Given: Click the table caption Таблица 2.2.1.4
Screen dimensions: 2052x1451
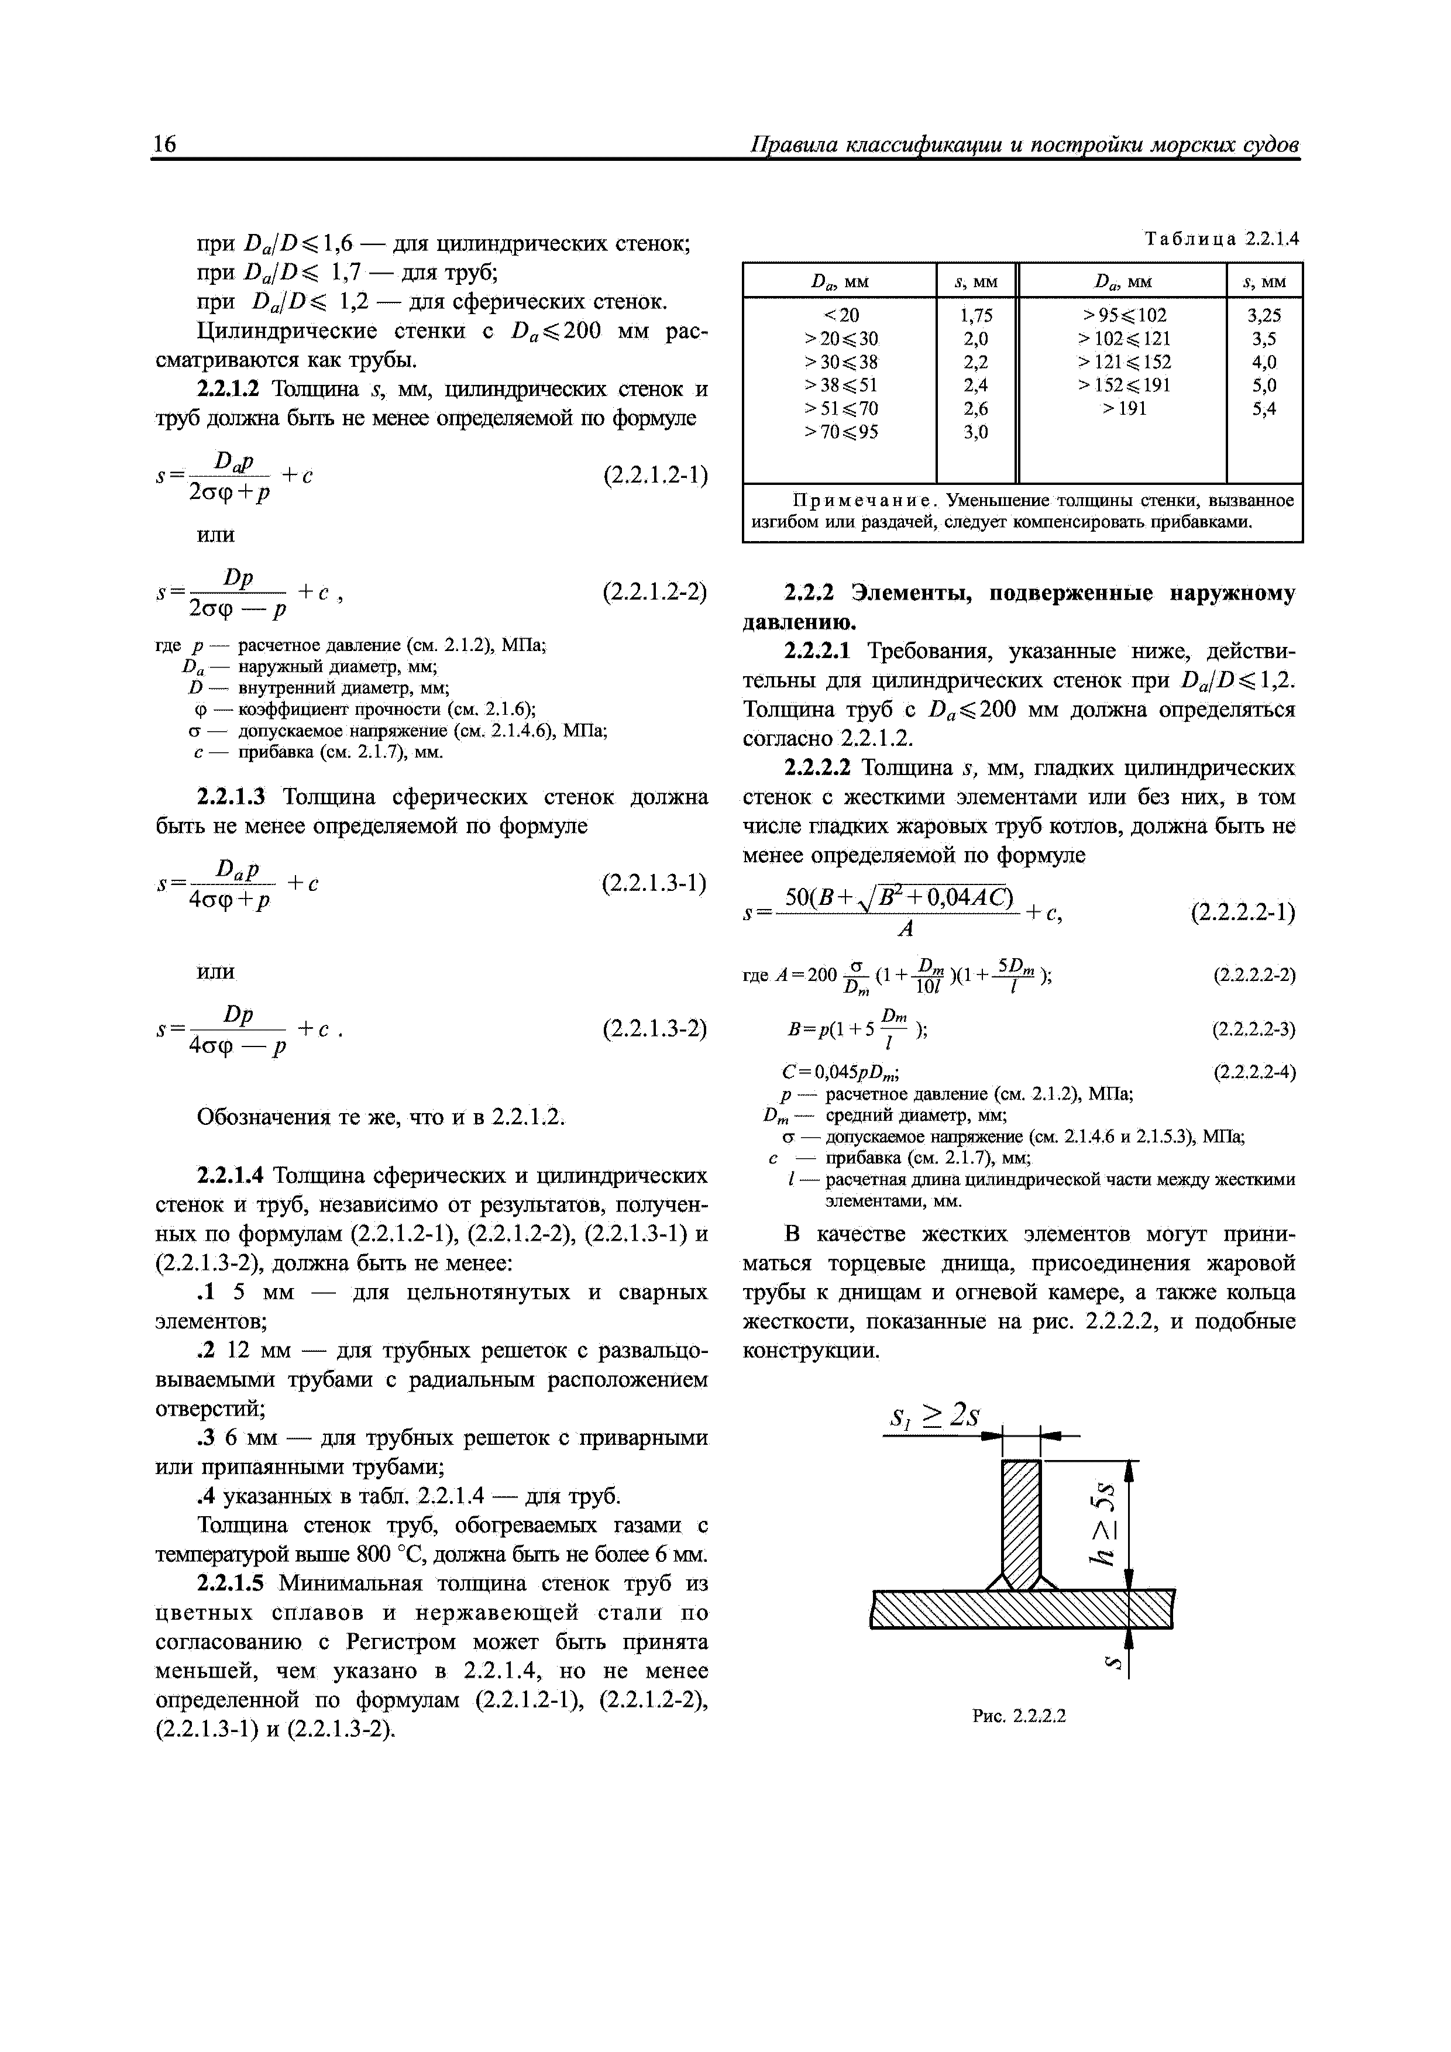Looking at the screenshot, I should coord(1221,239).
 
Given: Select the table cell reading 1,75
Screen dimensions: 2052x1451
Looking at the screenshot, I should coord(976,315).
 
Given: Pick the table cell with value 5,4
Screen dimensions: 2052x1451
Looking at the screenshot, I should coord(1263,408).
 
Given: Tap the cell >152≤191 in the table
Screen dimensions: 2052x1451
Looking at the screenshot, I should coord(1124,385).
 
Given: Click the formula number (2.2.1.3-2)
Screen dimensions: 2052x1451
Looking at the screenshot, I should coord(655,1029).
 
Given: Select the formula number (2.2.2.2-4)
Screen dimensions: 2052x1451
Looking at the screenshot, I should coord(1253,1072).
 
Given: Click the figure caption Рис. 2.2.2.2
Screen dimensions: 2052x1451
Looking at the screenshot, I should coord(1019,1715).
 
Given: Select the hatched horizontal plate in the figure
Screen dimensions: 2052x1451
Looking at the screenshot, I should coord(1020,1609).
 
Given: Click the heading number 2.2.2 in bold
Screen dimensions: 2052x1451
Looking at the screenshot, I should coord(809,594).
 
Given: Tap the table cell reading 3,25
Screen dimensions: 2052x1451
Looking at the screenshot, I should coord(1263,315).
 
